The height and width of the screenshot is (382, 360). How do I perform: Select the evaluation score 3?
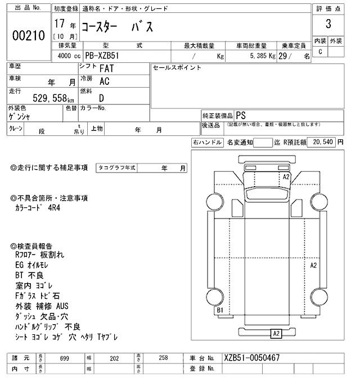pos(328,25)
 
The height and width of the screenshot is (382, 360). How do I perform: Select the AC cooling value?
pos(104,81)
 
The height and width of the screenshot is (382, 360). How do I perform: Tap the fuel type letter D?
pos(102,96)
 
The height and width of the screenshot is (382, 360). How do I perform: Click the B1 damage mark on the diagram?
pos(220,310)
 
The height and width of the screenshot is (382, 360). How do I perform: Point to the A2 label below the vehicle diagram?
pos(276,333)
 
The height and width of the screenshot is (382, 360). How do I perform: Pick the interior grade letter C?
pos(321,52)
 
